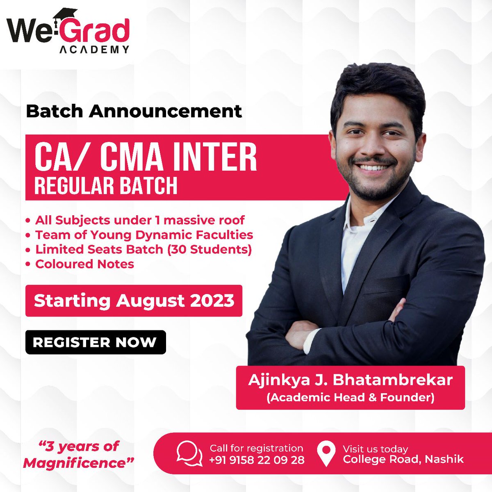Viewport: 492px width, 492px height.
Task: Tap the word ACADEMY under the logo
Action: point(94,50)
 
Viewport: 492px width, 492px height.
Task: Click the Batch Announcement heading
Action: point(134,111)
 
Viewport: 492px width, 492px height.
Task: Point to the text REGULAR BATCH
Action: point(106,185)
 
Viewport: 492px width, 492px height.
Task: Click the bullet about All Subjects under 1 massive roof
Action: point(139,220)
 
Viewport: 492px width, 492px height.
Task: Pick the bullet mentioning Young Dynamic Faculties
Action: point(143,235)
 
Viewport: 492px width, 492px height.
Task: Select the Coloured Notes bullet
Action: point(84,264)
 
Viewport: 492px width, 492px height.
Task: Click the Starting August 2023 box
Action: point(134,301)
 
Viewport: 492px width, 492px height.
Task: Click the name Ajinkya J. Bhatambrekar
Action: point(350,380)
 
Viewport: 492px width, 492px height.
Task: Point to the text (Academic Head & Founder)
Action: point(350,397)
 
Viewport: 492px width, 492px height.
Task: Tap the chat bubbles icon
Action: point(189,453)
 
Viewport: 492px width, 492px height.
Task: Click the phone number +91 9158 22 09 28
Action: point(257,460)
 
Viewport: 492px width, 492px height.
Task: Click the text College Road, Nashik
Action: point(403,459)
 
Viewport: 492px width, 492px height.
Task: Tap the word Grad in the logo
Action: point(97,31)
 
